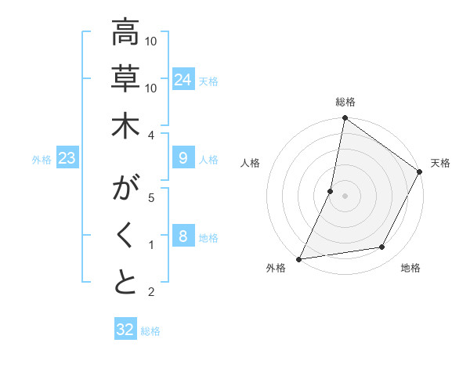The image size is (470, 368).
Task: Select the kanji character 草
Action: [x=125, y=79]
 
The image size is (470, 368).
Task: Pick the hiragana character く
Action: [x=125, y=236]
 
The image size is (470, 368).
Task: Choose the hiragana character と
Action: [x=125, y=283]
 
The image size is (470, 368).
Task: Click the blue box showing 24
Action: [x=183, y=80]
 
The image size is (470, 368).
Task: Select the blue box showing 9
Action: [x=183, y=159]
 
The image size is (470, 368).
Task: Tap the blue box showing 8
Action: [x=183, y=237]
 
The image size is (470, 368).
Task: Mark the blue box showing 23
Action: [x=67, y=159]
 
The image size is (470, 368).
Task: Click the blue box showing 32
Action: [x=125, y=330]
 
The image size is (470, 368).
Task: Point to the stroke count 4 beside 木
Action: [x=151, y=135]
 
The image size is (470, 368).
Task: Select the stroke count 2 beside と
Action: [x=151, y=292]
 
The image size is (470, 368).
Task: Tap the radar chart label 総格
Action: [x=345, y=103]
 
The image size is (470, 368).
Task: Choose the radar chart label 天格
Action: [x=440, y=163]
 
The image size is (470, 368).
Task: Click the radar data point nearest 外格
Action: [x=299, y=259]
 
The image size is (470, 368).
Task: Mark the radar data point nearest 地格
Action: [x=382, y=247]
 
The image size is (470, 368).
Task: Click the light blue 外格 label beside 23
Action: [x=42, y=160]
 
